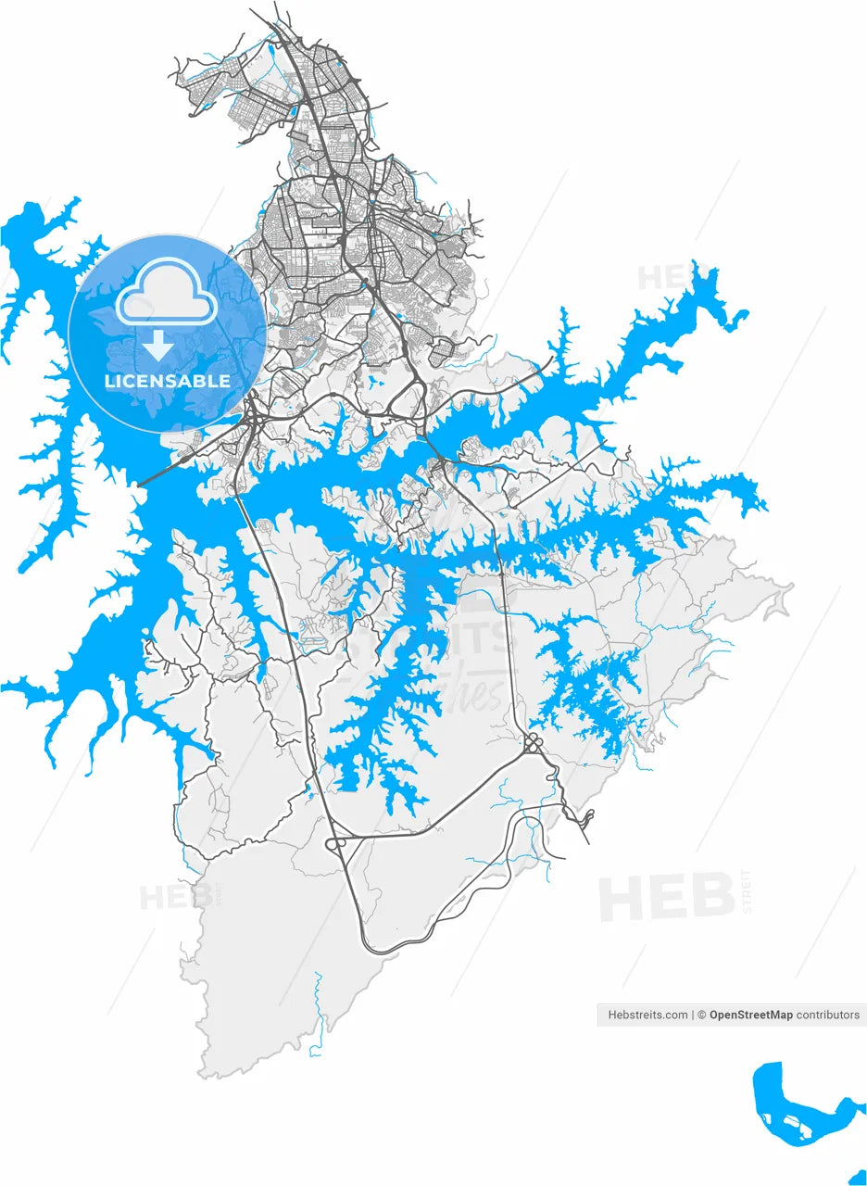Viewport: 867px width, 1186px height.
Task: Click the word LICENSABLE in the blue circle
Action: click(168, 381)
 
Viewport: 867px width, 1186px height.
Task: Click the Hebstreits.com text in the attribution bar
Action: click(647, 1015)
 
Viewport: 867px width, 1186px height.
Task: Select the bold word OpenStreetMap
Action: click(750, 1015)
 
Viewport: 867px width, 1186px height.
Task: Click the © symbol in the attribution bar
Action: click(702, 1015)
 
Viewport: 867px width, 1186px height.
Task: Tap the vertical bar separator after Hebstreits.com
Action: click(693, 1015)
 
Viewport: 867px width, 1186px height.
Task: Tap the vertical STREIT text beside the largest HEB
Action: click(747, 891)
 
